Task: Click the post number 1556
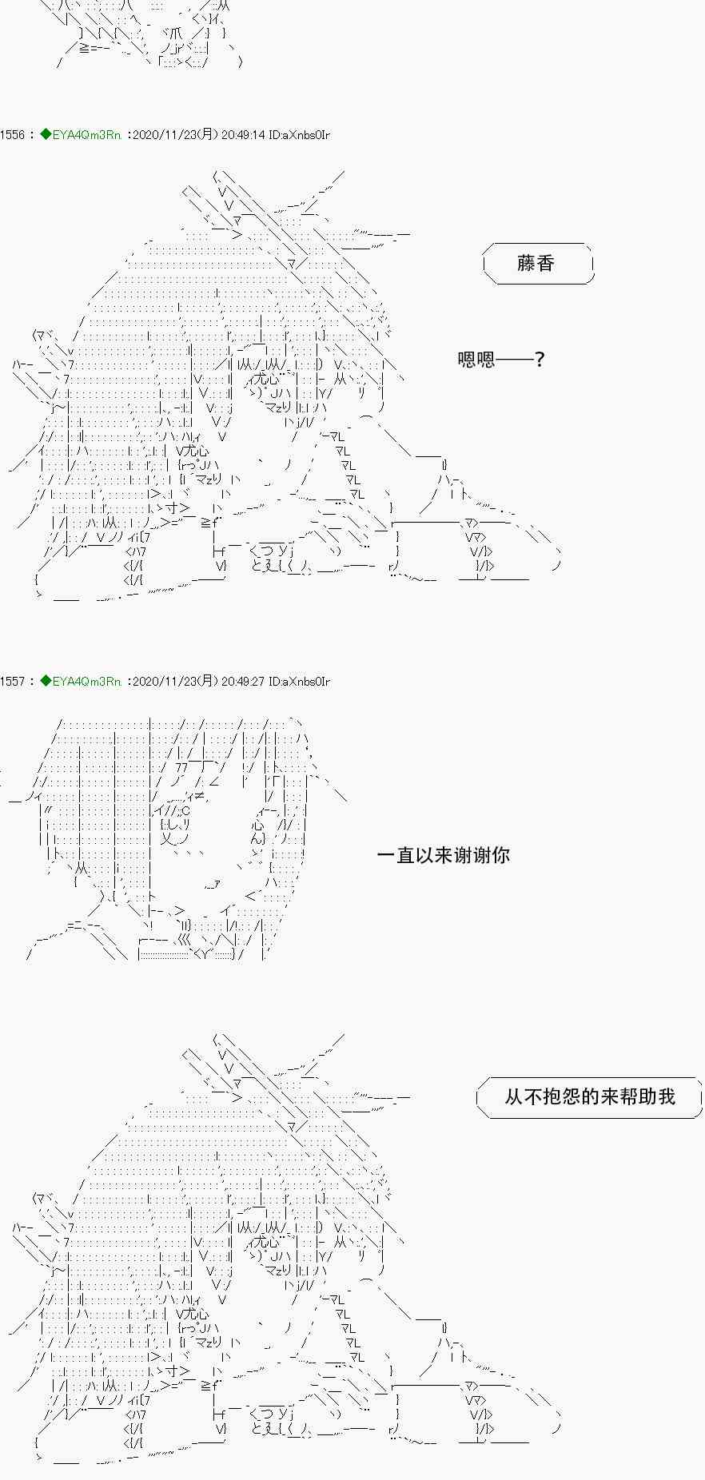coord(13,135)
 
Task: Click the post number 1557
coord(13,682)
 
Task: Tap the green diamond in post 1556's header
coord(46,135)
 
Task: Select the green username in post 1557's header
coord(86,682)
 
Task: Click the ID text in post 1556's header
coord(300,135)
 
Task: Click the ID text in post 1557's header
coord(300,682)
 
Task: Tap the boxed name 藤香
coord(536,263)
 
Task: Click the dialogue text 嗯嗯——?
coord(501,360)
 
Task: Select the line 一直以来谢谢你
coord(443,855)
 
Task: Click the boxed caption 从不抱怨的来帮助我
coord(590,1096)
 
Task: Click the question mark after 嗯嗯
coord(540,360)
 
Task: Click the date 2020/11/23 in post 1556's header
coord(162,135)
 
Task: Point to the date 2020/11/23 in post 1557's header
coord(162,682)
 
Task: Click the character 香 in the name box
coord(546,263)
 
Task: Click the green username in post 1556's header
coord(86,135)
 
